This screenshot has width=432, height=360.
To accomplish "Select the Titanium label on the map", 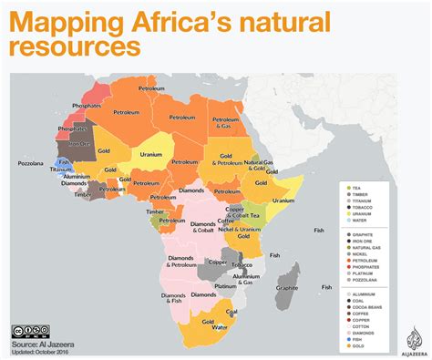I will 61,169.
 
